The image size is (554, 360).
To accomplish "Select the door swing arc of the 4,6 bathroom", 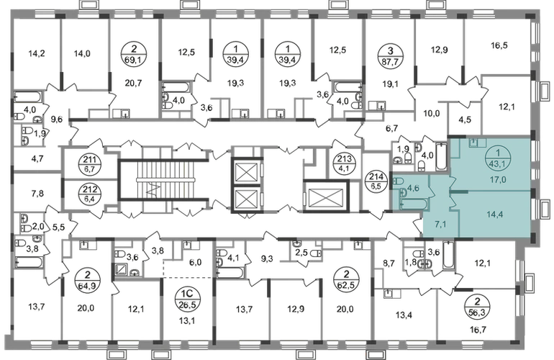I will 430,192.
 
